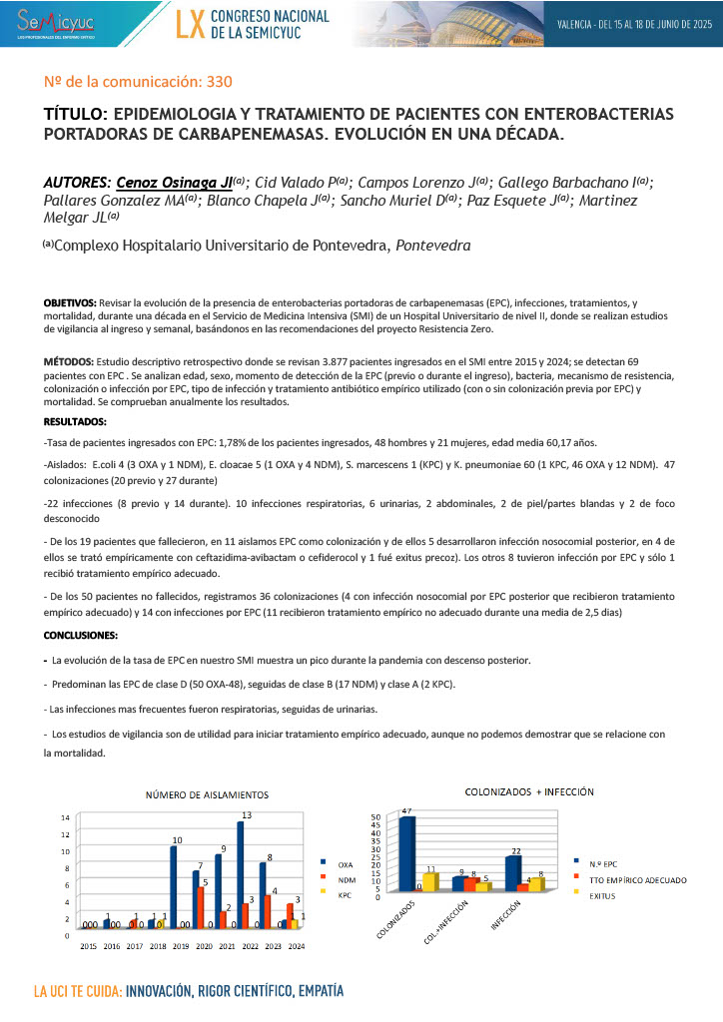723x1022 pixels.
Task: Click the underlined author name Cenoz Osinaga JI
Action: tap(174, 183)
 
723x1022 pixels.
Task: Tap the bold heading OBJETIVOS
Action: tap(70, 300)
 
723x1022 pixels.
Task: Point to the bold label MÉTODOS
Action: tap(69, 360)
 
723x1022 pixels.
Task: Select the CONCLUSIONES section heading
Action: tap(80, 635)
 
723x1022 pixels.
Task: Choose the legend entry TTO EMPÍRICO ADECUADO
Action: tap(637, 879)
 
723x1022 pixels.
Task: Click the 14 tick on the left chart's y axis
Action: tap(65, 818)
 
